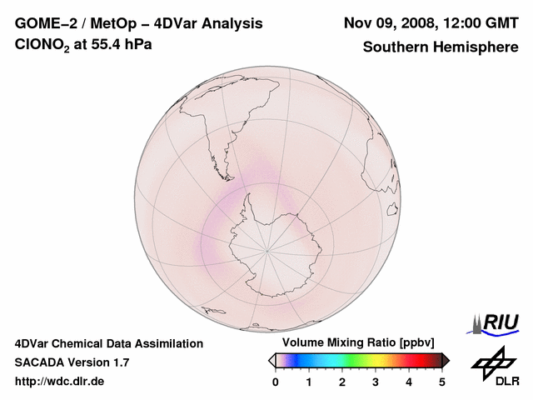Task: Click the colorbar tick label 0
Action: [x=276, y=382]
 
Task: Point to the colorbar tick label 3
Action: [x=376, y=382]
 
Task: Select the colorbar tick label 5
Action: [x=442, y=382]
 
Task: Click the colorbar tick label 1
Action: [x=309, y=382]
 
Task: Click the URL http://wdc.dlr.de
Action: [x=59, y=382]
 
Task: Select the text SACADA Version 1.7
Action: [x=72, y=362]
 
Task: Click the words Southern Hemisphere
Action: [x=440, y=47]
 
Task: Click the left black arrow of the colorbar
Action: [x=271, y=359]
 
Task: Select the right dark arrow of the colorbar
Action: [x=446, y=359]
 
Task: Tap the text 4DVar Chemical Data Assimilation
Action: [x=109, y=343]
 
